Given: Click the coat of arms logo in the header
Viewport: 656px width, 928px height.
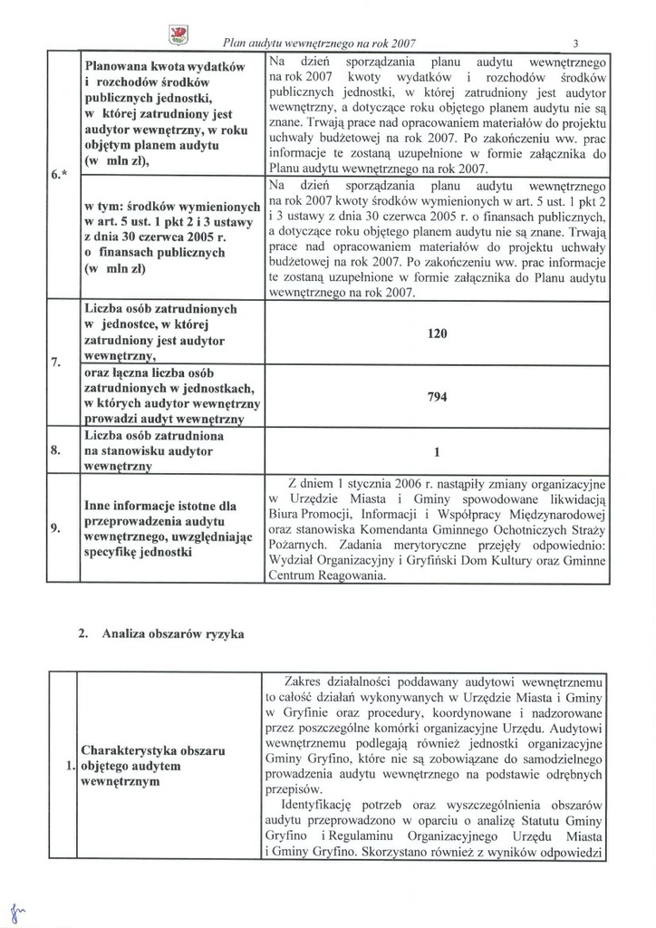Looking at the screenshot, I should [x=179, y=34].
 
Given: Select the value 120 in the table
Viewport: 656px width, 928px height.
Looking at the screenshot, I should [x=438, y=333].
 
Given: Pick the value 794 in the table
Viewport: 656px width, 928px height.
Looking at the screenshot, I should [x=438, y=397].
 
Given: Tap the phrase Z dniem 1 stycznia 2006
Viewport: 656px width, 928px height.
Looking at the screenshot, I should [x=362, y=482].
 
